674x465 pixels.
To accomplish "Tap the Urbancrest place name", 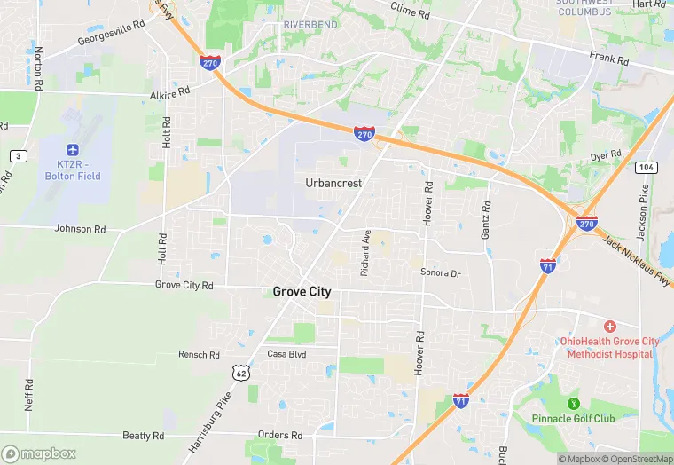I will tap(333, 183).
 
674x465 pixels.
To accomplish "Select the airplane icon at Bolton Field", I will tap(72, 151).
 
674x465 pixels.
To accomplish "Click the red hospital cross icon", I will tap(609, 327).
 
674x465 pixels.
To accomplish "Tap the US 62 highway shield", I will tap(241, 373).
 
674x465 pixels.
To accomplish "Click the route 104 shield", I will tap(646, 167).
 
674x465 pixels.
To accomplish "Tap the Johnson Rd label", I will tap(80, 229).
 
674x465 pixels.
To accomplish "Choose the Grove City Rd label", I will tap(184, 286).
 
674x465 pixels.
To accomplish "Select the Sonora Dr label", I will tap(441, 273).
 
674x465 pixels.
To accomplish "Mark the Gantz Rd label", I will tap(486, 219).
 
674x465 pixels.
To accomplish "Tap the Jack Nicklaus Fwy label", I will tap(636, 261).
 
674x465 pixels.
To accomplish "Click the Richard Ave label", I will tap(365, 253).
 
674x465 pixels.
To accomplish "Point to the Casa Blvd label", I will tap(286, 354).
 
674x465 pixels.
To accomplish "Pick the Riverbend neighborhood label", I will tap(310, 25).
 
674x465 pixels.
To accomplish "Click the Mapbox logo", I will tap(39, 453).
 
